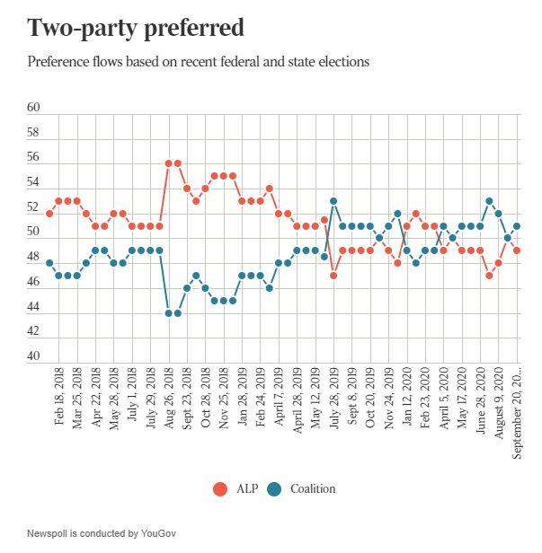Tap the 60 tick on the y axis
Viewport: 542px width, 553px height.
[x=33, y=108]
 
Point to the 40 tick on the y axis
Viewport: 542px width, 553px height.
[x=33, y=356]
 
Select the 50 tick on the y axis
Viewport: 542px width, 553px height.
[x=33, y=232]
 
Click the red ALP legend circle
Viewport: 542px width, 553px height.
[x=219, y=488]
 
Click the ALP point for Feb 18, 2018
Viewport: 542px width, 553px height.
[x=49, y=213]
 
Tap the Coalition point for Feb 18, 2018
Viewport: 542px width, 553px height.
[x=49, y=263]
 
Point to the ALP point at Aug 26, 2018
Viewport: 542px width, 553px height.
[x=168, y=163]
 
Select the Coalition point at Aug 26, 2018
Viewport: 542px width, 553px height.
[x=168, y=312]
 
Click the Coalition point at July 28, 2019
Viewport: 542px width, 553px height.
[x=333, y=201]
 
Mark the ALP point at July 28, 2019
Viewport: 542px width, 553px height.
[x=333, y=276]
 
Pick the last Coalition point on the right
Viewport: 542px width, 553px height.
[x=517, y=226]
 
